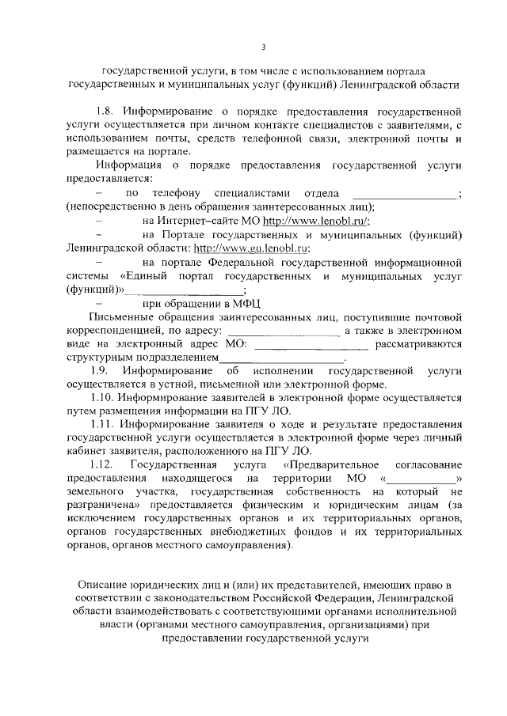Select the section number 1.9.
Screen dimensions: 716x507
(x=101, y=370)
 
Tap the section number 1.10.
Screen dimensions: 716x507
(x=105, y=397)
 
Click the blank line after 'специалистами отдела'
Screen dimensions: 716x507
(x=404, y=194)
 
